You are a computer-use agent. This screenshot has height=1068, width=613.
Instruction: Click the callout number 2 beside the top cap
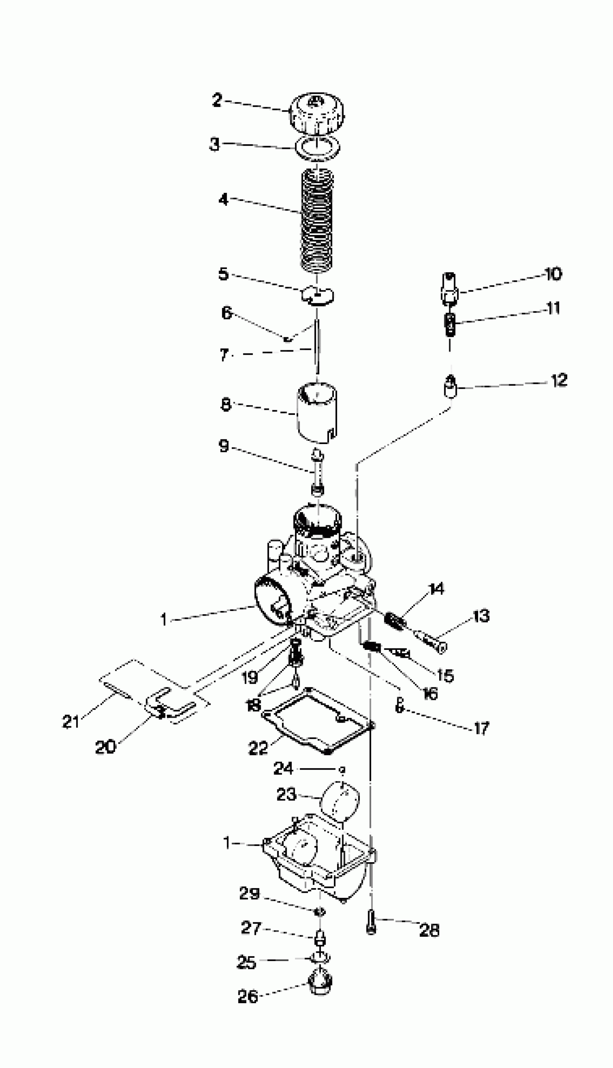(x=217, y=101)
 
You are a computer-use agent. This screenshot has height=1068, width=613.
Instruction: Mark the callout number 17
(x=482, y=728)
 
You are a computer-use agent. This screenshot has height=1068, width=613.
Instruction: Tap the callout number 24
(x=283, y=769)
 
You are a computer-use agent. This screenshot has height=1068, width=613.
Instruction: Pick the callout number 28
(x=429, y=930)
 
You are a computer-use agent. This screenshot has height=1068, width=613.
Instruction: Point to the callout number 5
(x=223, y=274)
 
